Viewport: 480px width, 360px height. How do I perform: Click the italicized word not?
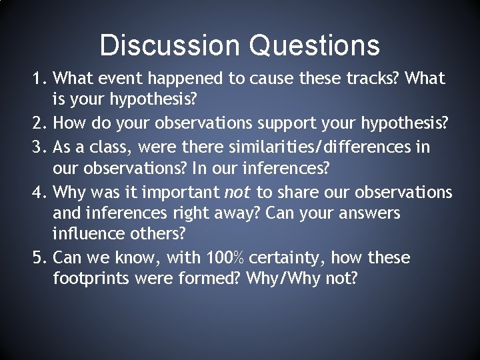[x=237, y=192]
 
